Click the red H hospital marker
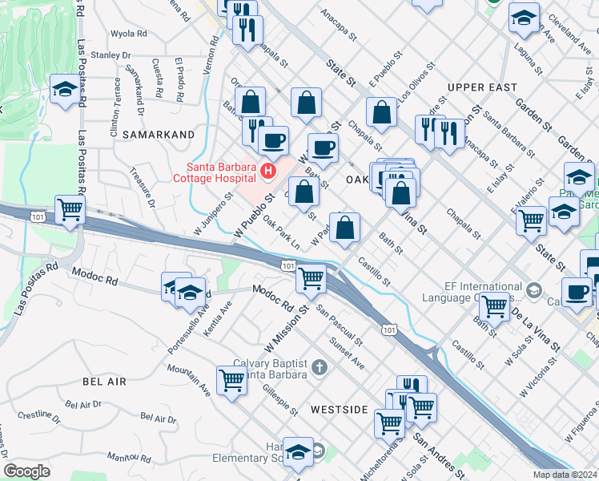[267, 171]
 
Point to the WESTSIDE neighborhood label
[339, 410]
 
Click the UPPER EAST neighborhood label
[482, 87]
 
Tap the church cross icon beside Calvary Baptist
[320, 368]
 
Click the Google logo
[27, 471]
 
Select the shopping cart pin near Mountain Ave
[231, 380]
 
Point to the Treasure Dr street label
[141, 189]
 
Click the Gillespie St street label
[281, 399]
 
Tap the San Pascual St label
[339, 324]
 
